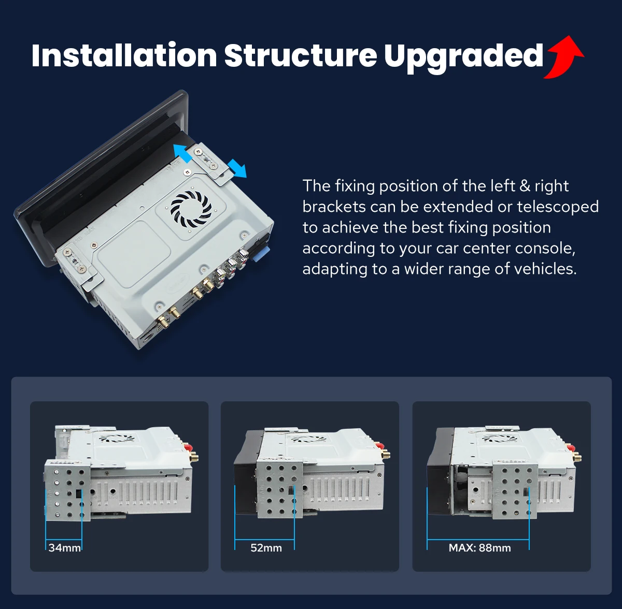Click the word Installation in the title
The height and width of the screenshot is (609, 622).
[x=124, y=55]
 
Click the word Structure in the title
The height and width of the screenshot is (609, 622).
[x=301, y=55]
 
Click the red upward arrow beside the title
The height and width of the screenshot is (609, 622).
[x=563, y=57]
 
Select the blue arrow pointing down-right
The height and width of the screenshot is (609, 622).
[x=237, y=168]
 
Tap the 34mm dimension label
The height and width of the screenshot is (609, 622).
[x=65, y=548]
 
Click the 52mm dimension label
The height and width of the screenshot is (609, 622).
[x=266, y=548]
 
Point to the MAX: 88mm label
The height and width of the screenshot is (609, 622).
[x=479, y=548]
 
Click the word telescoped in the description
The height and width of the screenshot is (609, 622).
[x=558, y=207]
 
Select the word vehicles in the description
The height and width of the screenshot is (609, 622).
[x=545, y=269]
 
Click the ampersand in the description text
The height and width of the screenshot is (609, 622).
[x=525, y=186]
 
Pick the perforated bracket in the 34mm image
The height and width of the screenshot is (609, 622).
[x=68, y=490]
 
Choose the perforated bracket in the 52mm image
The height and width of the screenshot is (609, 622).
[x=279, y=489]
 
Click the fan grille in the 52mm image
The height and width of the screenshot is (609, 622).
[x=307, y=439]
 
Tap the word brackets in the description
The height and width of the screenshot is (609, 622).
[x=333, y=207]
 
